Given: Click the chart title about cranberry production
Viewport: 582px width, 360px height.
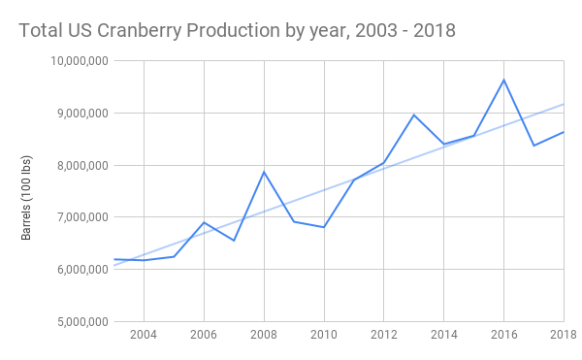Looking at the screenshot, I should pyautogui.click(x=237, y=31).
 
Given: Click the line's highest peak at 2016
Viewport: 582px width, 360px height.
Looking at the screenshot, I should pyautogui.click(x=503, y=80).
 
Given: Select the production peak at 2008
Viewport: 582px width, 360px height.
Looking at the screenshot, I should pyautogui.click(x=264, y=172).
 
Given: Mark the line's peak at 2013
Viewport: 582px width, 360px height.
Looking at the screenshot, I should pyautogui.click(x=414, y=115).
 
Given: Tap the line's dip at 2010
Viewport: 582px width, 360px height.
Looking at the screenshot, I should pyautogui.click(x=324, y=227).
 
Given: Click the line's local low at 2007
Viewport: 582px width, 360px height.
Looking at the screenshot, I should pyautogui.click(x=234, y=241).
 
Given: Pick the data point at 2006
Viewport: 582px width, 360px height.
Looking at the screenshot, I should pyautogui.click(x=204, y=222).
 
